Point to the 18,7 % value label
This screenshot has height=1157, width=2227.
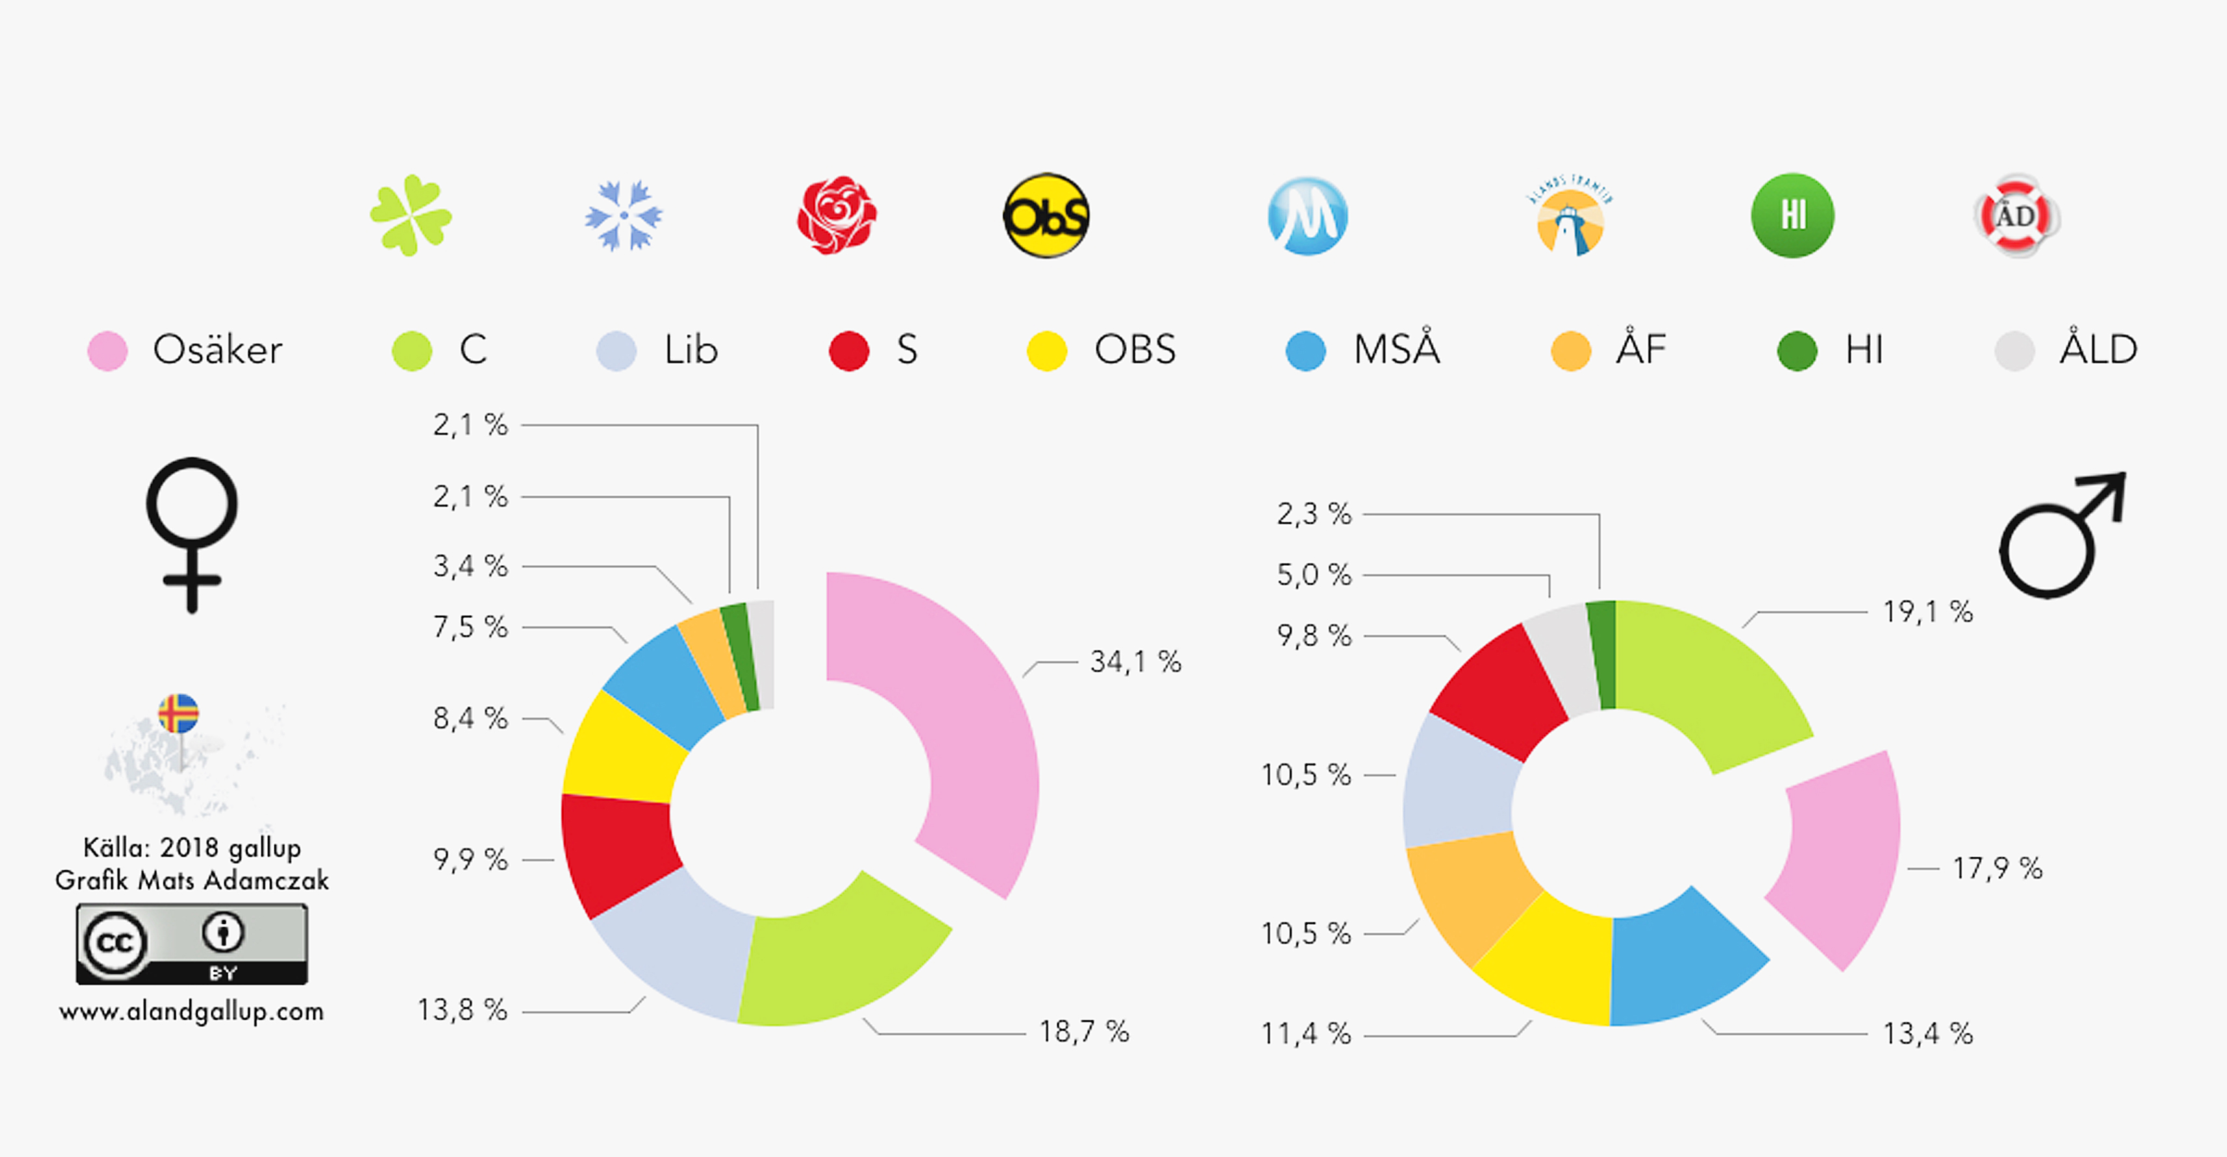point(1083,1031)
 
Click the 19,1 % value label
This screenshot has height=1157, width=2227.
point(1928,612)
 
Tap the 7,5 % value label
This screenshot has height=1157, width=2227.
point(470,627)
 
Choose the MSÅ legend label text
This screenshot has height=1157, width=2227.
point(1396,349)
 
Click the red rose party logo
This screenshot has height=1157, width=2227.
point(836,215)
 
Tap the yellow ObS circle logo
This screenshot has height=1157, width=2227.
point(1046,215)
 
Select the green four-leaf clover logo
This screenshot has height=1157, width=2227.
point(411,215)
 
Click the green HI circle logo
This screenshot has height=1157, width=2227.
point(1792,215)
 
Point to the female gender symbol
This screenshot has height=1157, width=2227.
point(191,533)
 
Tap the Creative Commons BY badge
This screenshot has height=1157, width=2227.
point(191,944)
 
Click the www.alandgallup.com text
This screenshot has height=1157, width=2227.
point(191,1011)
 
